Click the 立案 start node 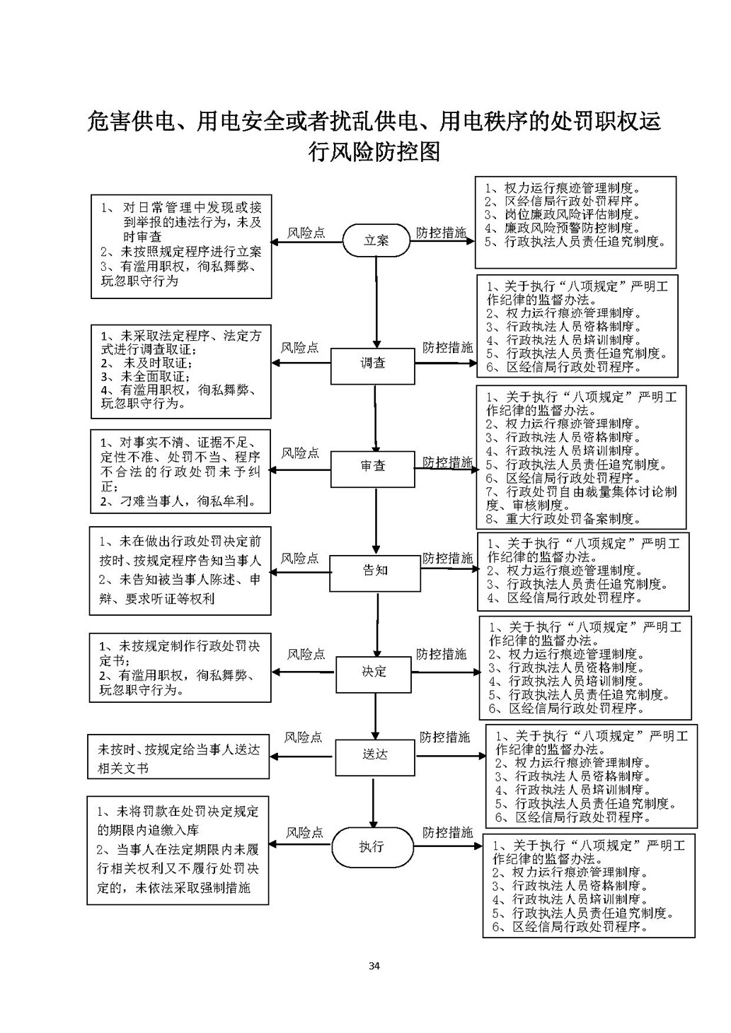tap(376, 240)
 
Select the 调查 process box tap(372, 363)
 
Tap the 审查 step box tap(372, 467)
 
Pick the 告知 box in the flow tap(374, 571)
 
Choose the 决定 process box tap(373, 672)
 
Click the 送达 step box tap(374, 754)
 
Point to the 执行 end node tap(371, 846)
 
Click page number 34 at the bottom tap(374, 967)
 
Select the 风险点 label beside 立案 tap(306, 233)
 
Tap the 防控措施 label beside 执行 tap(447, 832)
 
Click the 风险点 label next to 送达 tap(303, 737)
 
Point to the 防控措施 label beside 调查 tap(447, 348)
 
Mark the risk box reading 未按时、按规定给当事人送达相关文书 tap(178, 758)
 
